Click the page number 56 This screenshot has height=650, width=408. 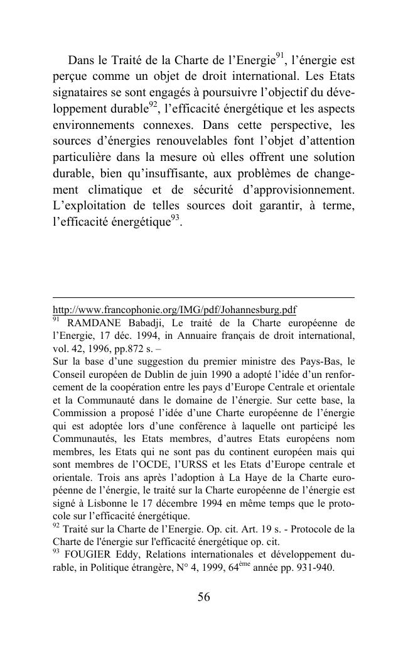click(203, 597)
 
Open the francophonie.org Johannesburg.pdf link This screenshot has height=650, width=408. click(174, 310)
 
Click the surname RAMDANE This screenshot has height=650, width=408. click(93, 323)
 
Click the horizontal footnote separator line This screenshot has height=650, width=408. click(203, 298)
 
